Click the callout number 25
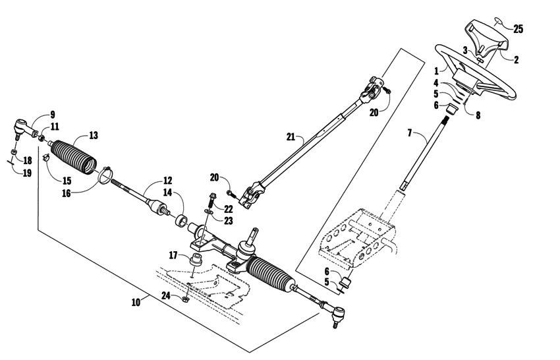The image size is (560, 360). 518,29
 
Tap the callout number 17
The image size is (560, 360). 173,255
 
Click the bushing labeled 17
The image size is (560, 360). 195,259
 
